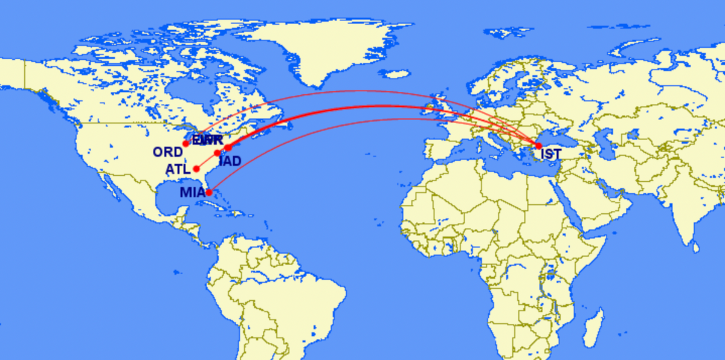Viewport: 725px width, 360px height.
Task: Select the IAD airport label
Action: point(230,161)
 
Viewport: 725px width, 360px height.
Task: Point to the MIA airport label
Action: point(192,193)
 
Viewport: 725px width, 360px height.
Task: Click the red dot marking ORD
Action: point(187,143)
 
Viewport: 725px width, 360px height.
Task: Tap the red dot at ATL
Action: point(196,169)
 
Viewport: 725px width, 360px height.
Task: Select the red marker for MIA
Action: point(209,193)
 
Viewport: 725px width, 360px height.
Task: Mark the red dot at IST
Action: point(538,146)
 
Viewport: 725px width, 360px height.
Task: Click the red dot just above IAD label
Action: point(218,153)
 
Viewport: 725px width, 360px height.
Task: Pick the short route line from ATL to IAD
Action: point(207,161)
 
